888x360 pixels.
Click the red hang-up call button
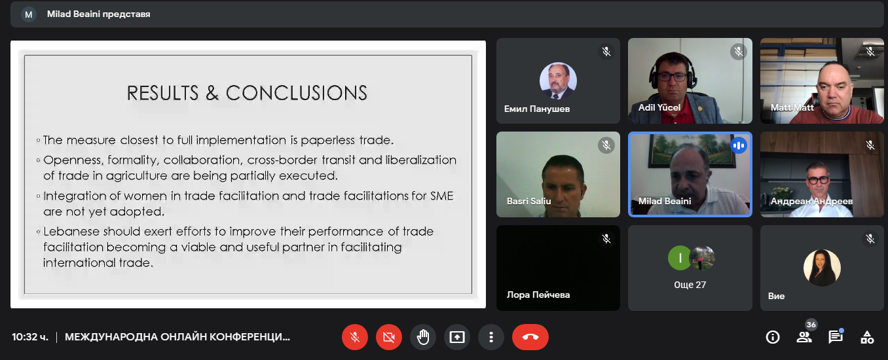click(x=530, y=337)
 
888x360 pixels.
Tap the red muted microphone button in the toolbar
click(x=355, y=337)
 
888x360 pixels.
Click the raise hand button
click(x=423, y=337)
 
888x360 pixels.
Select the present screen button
click(x=457, y=337)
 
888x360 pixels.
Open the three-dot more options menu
click(x=491, y=337)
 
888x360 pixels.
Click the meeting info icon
click(x=773, y=337)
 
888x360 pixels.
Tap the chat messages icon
click(x=836, y=336)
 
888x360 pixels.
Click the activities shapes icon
click(x=867, y=337)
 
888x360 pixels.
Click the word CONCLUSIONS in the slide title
click(x=297, y=93)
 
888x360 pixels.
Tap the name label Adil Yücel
click(x=659, y=107)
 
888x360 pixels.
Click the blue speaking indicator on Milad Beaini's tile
click(x=739, y=146)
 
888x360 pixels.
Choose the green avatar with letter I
click(x=680, y=258)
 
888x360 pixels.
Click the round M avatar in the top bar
click(x=29, y=14)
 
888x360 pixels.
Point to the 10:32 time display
click(x=30, y=337)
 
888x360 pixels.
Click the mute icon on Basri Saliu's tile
click(x=606, y=145)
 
